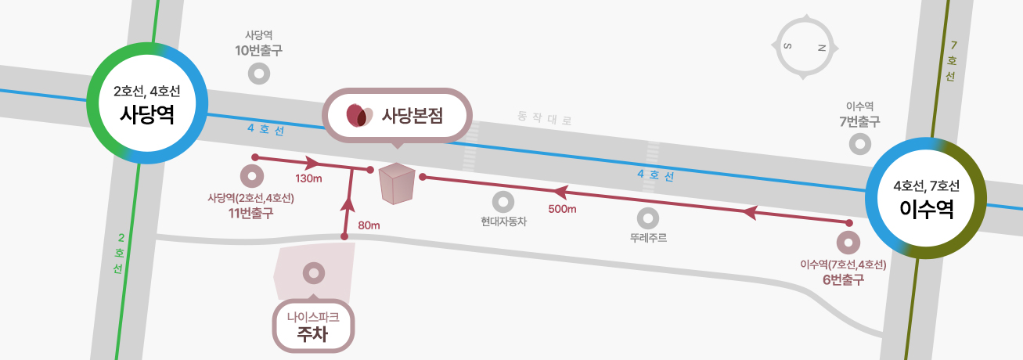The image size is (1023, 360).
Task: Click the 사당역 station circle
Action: (147, 103)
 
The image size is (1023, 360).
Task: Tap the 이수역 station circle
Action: (926, 198)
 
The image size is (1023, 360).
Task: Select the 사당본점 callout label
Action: (397, 115)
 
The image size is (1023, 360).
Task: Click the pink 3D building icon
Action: (397, 183)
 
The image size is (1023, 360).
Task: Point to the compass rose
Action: (805, 47)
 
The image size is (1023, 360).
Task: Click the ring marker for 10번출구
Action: (259, 74)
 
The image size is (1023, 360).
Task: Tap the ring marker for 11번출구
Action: (251, 176)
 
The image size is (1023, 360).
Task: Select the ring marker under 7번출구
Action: (860, 144)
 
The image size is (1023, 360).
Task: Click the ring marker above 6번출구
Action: (848, 243)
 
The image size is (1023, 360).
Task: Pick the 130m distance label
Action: (308, 178)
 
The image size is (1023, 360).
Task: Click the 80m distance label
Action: (369, 225)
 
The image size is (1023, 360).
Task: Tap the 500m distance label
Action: (562, 209)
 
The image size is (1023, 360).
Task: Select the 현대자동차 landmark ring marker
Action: (503, 202)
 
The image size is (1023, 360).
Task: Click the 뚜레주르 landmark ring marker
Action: (647, 218)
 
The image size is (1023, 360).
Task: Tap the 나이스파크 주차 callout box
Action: (313, 326)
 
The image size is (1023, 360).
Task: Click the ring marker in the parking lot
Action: (314, 273)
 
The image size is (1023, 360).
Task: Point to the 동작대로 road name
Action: (545, 118)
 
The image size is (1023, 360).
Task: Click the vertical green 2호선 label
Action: (119, 253)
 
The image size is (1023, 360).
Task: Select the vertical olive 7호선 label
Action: (952, 61)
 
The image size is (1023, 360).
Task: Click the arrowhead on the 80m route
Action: (348, 204)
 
